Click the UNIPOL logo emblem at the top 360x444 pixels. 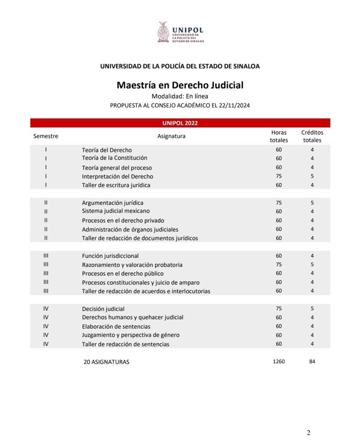[164, 32]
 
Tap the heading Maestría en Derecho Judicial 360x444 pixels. [180, 85]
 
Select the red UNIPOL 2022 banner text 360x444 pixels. [180, 123]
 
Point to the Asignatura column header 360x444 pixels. [171, 136]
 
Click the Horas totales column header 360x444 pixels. [279, 136]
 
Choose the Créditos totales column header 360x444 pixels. [312, 136]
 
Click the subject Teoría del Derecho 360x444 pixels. [107, 150]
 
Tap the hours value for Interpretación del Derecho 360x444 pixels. [279, 176]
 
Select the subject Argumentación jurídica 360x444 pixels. [112, 203]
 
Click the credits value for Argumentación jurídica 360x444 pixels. [312, 203]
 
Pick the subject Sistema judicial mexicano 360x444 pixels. [116, 211]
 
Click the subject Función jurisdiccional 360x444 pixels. [110, 256]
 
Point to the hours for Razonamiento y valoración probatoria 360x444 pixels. [279, 264]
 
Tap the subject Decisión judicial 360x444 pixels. [103, 309]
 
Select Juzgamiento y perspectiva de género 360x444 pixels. [131, 335]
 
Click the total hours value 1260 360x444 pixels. [279, 361]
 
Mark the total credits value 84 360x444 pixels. [312, 361]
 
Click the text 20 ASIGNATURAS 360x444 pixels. [106, 362]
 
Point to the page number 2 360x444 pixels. [308, 432]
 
